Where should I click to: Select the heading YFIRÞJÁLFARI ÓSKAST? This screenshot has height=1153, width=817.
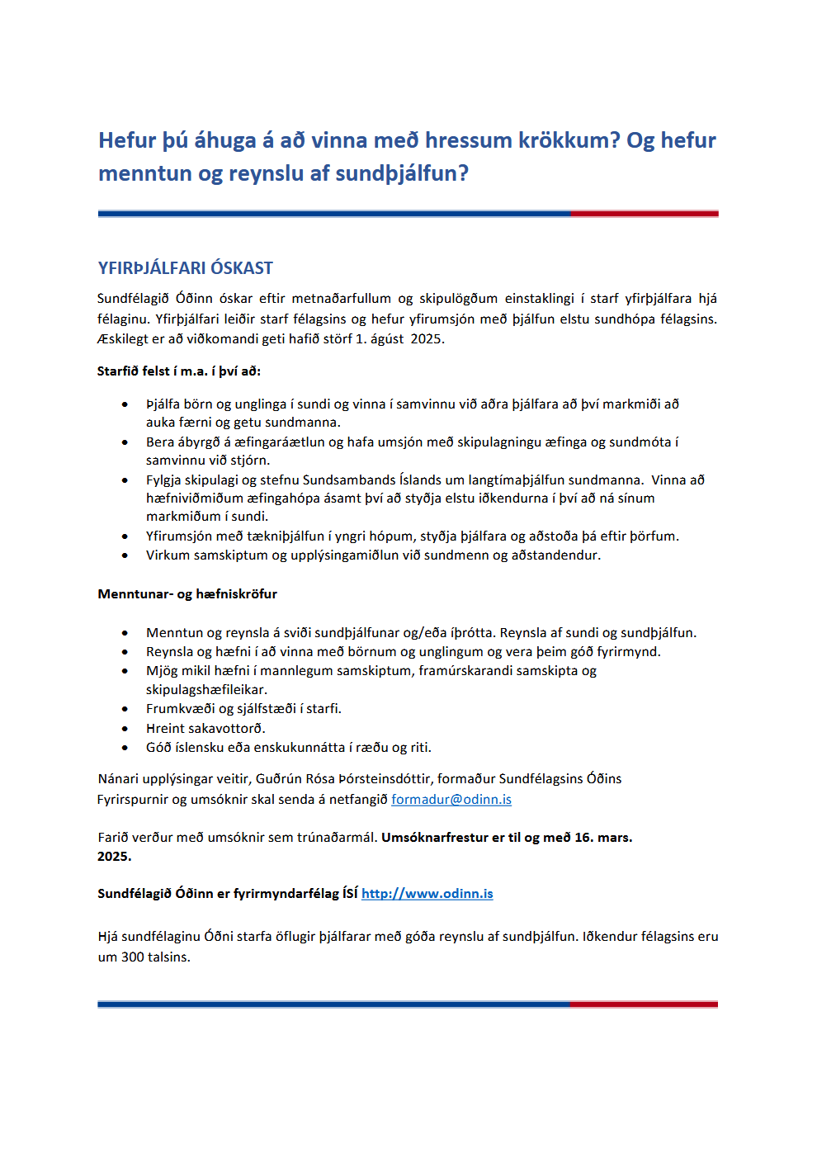185,268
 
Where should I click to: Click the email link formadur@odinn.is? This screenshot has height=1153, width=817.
451,799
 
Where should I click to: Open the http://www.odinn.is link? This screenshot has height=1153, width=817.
427,893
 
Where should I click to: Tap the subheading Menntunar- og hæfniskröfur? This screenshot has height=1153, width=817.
187,593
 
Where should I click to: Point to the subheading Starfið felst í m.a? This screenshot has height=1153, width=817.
178,371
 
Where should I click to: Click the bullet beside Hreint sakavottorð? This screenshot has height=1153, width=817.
125,729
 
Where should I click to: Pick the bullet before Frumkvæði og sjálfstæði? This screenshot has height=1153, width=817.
125,709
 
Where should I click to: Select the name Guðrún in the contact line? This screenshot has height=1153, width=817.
279,778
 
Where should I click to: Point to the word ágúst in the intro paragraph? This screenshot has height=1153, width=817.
388,338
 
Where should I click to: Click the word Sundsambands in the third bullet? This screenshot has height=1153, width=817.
349,480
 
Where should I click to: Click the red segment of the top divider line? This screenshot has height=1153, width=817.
644,214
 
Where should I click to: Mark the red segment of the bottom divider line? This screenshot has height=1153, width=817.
644,1004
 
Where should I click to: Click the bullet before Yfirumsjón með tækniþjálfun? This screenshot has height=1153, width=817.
125,536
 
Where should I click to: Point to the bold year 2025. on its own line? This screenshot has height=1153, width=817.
114,856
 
